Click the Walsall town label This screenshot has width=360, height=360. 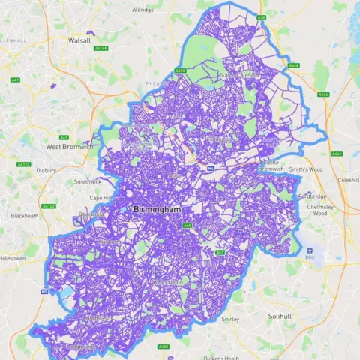coord(79,40)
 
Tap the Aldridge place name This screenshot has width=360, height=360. coord(142,10)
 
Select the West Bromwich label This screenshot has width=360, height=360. coord(69,147)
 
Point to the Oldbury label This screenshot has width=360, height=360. coord(46,170)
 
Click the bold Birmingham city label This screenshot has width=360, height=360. coord(157,210)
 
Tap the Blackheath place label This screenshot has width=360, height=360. coord(24,216)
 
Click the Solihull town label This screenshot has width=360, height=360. coord(280,316)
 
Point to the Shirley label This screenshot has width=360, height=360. coord(230,319)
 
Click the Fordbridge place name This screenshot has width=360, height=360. coord(313,196)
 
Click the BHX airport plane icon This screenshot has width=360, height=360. coord(309,250)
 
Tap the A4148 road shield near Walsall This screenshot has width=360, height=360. coord(102,48)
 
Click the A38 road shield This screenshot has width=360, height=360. coord(261,16)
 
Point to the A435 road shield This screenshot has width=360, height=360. coord(164,346)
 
